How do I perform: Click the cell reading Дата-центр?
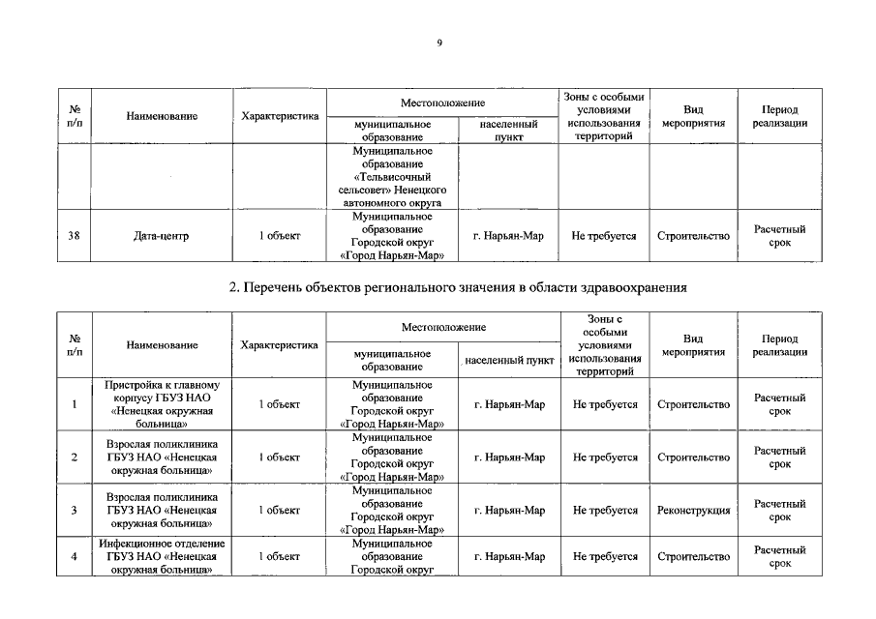[x=162, y=236]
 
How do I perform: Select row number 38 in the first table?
[x=75, y=236]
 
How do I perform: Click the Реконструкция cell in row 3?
[x=693, y=511]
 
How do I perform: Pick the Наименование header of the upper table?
[x=162, y=116]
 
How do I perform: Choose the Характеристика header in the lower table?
[x=279, y=345]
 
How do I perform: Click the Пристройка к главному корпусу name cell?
[x=162, y=404]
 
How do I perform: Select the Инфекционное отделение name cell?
[x=162, y=557]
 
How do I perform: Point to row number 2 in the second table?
[x=75, y=457]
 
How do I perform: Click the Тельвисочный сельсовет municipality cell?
[x=392, y=177]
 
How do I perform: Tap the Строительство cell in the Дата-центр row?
[x=693, y=236]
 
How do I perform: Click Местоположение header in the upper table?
[x=442, y=103]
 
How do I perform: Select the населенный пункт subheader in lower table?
[x=509, y=360]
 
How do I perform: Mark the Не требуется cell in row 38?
[x=604, y=236]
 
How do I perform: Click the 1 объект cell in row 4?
[x=279, y=557]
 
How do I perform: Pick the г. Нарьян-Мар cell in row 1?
[x=509, y=404]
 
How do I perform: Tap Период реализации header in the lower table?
[x=779, y=345]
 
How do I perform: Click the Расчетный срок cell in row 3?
[x=779, y=511]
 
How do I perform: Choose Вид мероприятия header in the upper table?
[x=693, y=116]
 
